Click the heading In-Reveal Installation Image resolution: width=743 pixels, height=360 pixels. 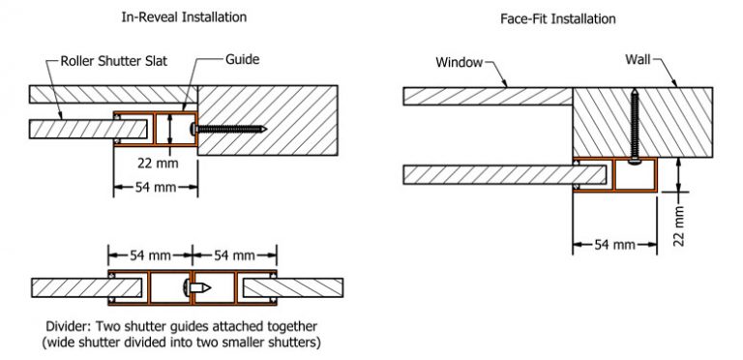pos(183,17)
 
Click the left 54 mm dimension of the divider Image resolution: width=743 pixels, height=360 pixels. pos(148,255)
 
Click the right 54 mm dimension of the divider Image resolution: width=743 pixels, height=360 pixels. pos(230,255)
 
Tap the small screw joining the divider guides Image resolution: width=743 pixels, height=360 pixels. pos(199,287)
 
